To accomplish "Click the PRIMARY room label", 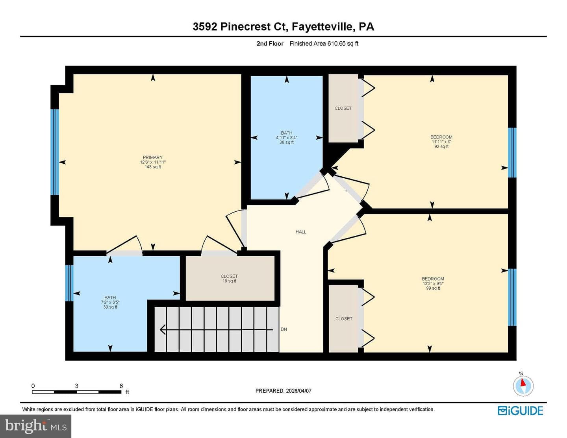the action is tap(152, 157).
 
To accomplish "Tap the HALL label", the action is tap(301, 232).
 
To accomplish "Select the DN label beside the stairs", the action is tap(283, 329).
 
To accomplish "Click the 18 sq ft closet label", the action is tap(229, 281).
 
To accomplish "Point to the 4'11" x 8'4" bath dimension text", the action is tap(287, 138).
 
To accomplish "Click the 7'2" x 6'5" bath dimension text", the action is tap(110, 302).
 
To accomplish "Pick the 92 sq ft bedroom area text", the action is tap(441, 146).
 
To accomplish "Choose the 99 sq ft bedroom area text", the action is tap(433, 288).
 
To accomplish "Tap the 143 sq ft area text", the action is tap(153, 167).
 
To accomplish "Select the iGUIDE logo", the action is tap(520, 411).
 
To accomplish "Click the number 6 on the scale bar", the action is tap(121, 386).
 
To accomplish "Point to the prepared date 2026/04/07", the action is tap(298, 391).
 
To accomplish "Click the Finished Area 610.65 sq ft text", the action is tap(324, 44).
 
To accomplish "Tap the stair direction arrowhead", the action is tap(162, 329).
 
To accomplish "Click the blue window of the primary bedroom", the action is tap(54, 152).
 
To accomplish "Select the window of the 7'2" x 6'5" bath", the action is tap(69, 283).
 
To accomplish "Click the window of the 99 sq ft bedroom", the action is tap(512, 297).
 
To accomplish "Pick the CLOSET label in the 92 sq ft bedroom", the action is tap(343, 108).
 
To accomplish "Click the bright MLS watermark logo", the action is tap(35, 426).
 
